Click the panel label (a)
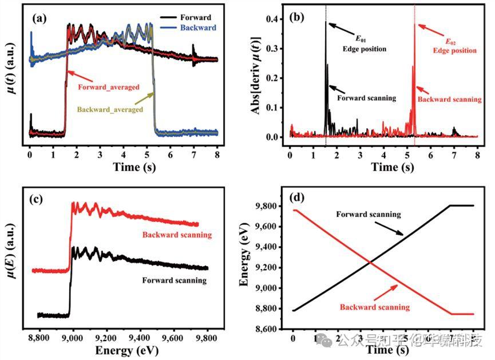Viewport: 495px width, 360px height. click(x=41, y=17)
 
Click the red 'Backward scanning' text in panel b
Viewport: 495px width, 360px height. click(x=450, y=99)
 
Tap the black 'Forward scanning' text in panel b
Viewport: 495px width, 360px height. click(x=366, y=98)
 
